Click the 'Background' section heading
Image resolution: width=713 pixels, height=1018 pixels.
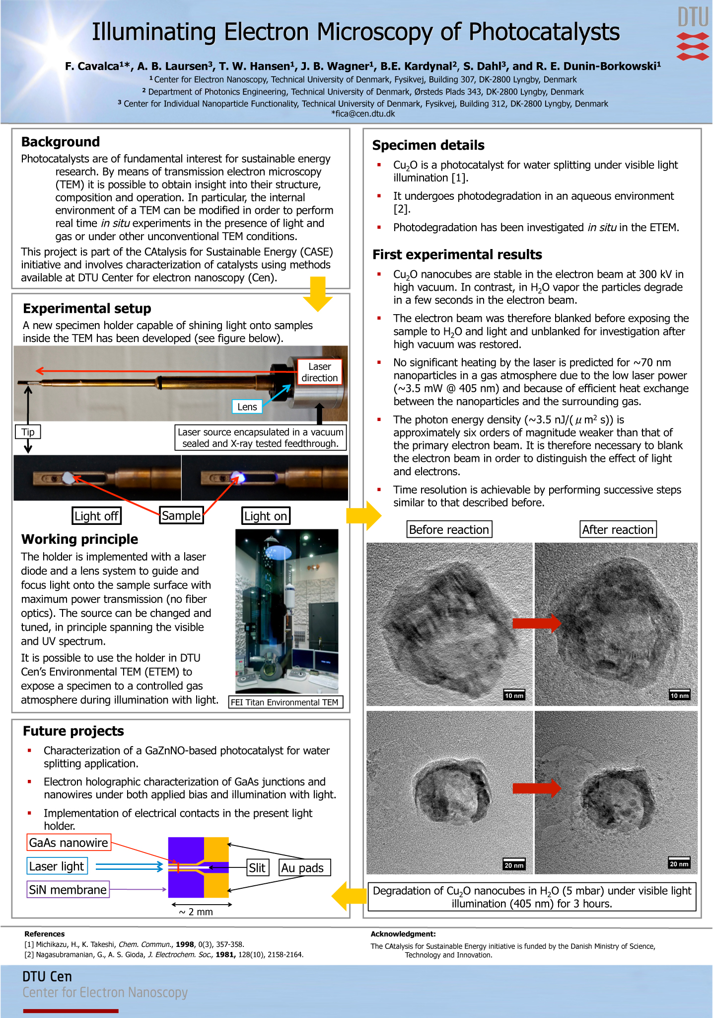tap(61, 142)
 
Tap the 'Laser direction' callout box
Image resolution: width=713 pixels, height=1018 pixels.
tap(319, 372)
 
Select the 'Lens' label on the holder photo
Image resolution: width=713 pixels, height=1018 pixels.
tap(247, 407)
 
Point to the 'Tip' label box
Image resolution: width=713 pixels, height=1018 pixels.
tap(28, 432)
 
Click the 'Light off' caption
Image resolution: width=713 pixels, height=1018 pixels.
tap(96, 516)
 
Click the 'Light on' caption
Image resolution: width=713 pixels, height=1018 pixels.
tap(266, 516)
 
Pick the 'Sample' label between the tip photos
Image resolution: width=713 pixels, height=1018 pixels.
tap(181, 515)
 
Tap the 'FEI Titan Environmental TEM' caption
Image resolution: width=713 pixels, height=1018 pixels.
tap(285, 702)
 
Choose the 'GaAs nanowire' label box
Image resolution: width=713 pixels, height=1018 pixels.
tap(69, 843)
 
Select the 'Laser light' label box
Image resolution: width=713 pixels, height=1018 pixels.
tap(57, 866)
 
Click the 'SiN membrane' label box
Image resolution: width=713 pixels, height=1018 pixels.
tap(68, 890)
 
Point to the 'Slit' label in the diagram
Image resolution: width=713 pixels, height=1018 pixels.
tap(257, 868)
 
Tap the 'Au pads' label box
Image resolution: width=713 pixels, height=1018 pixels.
tap(303, 868)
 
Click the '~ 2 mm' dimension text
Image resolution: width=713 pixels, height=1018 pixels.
tap(196, 912)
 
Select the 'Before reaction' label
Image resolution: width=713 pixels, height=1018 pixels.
tap(449, 530)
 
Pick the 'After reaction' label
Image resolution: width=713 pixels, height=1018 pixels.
tap(618, 530)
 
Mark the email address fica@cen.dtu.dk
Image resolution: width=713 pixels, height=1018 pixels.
tap(363, 114)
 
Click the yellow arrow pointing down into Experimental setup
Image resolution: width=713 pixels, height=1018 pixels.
tap(317, 294)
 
